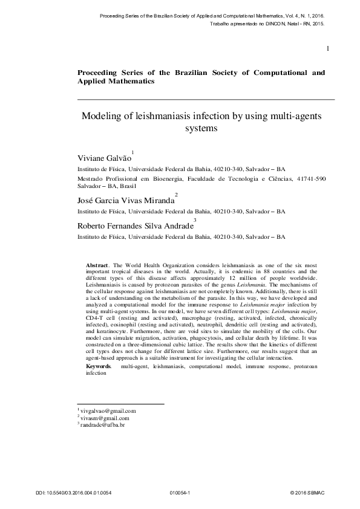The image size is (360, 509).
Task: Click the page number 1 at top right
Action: click(x=327, y=48)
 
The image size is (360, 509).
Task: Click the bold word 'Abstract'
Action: click(x=97, y=265)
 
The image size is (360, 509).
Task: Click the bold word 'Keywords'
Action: click(x=99, y=366)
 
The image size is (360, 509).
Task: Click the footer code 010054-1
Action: click(x=180, y=493)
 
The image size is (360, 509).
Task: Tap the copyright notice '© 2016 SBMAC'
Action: click(x=308, y=493)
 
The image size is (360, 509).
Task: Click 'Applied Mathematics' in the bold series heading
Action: click(x=116, y=80)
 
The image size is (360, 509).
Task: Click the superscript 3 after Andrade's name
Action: click(x=194, y=219)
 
